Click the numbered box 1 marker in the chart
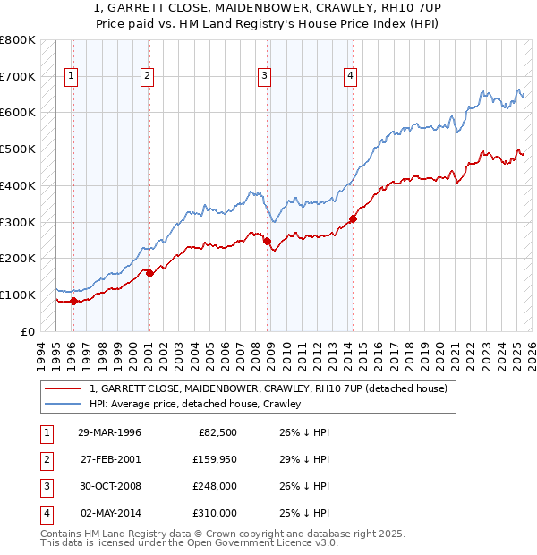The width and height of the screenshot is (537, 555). pyautogui.click(x=71, y=76)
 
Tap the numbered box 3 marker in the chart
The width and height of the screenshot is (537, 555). pyautogui.click(x=265, y=76)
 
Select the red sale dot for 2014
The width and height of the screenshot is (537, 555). pyautogui.click(x=354, y=218)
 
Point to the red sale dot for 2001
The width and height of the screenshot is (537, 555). pyautogui.click(x=149, y=273)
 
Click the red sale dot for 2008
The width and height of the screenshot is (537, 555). pyautogui.click(x=268, y=240)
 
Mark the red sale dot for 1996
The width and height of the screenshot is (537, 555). pyautogui.click(x=74, y=301)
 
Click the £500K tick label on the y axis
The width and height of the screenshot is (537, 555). pyautogui.click(x=17, y=149)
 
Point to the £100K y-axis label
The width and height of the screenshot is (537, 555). pyautogui.click(x=17, y=295)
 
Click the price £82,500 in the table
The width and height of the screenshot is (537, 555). pyautogui.click(x=217, y=432)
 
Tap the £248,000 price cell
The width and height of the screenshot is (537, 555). pyautogui.click(x=216, y=486)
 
